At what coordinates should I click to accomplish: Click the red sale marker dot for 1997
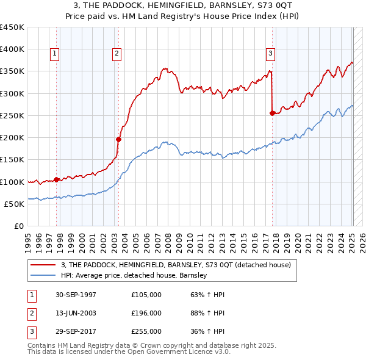point(57,179)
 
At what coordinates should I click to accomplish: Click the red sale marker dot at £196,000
point(118,139)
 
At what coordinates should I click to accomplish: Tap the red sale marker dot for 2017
point(272,113)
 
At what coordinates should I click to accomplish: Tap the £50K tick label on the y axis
point(13,204)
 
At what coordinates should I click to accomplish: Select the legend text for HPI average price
point(134,275)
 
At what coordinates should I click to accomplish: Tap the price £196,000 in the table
point(146,313)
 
